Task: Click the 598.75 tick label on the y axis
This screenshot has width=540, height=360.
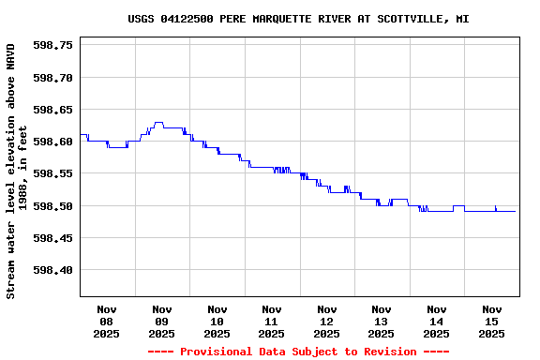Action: pyautogui.click(x=53, y=45)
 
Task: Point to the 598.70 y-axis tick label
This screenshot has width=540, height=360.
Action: pyautogui.click(x=53, y=77)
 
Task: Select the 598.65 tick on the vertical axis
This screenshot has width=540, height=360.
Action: pyautogui.click(x=53, y=110)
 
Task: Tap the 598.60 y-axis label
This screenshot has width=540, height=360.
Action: pyautogui.click(x=53, y=142)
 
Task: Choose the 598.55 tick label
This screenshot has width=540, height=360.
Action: pyautogui.click(x=53, y=173)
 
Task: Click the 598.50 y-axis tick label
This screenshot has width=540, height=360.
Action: pyautogui.click(x=53, y=206)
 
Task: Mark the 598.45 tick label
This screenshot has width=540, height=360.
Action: pyautogui.click(x=53, y=238)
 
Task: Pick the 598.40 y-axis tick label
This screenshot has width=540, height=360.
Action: pyautogui.click(x=53, y=270)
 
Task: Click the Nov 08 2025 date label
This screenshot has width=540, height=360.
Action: pyautogui.click(x=107, y=321)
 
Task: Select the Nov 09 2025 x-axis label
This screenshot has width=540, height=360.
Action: pyautogui.click(x=161, y=321)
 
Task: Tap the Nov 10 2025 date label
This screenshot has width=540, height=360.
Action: pyautogui.click(x=217, y=321)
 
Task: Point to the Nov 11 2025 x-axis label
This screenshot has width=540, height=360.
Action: pyautogui.click(x=272, y=321)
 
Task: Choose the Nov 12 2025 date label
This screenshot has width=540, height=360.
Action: pyautogui.click(x=326, y=321)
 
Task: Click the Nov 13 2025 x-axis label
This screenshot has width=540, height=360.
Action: pyautogui.click(x=382, y=321)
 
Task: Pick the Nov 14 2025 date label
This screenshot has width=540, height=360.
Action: pyautogui.click(x=436, y=321)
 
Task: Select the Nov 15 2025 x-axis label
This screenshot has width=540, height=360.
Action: pyautogui.click(x=491, y=321)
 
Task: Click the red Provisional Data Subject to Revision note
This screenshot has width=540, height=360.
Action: pyautogui.click(x=299, y=352)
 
